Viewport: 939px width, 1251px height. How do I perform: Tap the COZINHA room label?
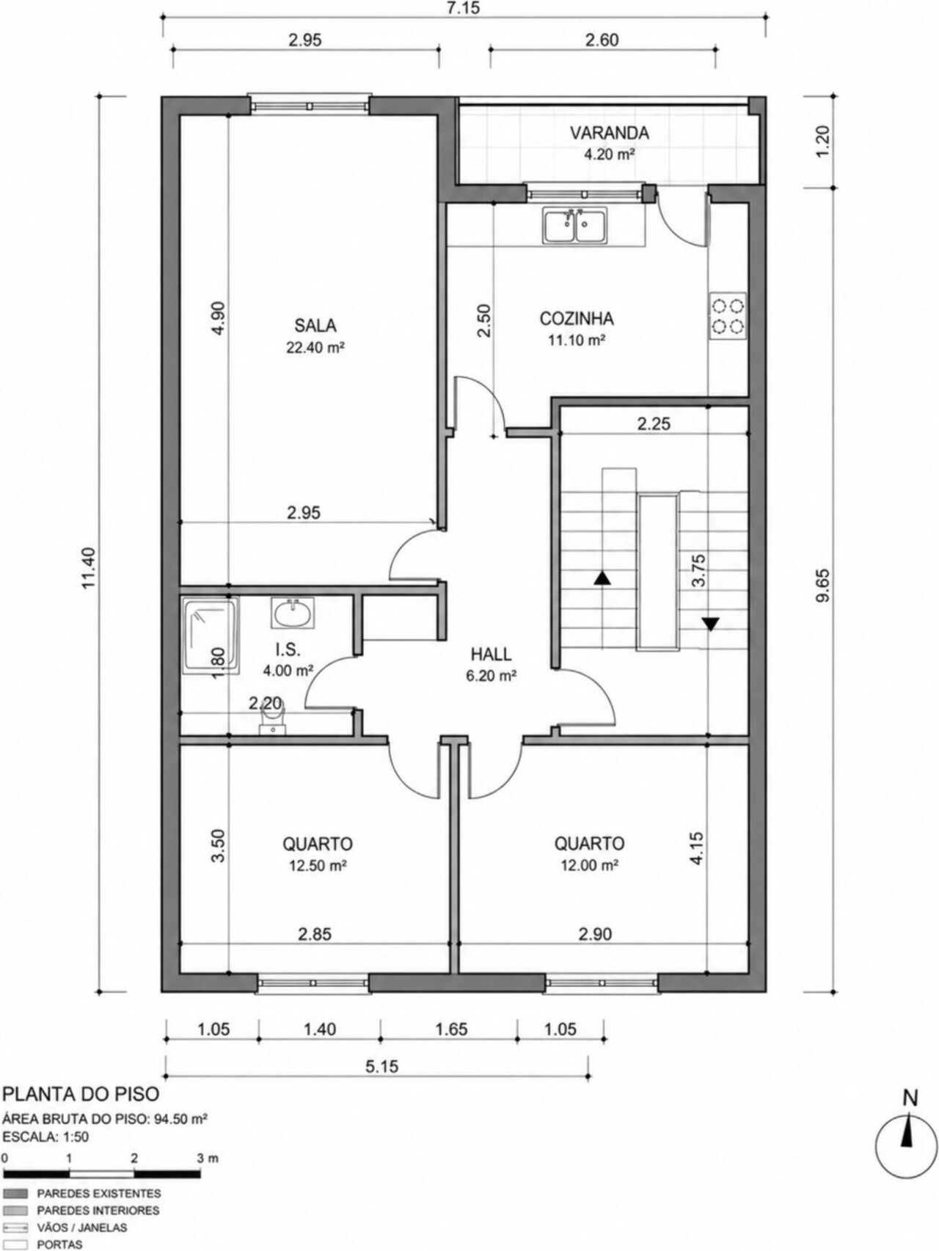coord(577,319)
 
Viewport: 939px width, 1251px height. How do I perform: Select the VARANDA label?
coord(610,134)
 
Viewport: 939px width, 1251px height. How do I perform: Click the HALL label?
coord(492,654)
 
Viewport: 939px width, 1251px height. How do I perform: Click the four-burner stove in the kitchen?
coord(728,316)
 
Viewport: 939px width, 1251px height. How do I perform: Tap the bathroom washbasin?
coord(293,613)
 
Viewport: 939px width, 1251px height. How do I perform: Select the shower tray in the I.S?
coord(211,635)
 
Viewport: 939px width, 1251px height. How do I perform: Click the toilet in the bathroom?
coord(271,723)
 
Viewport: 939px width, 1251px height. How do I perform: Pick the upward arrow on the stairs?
coord(602,577)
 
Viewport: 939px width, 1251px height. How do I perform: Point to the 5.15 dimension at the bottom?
coord(381,1066)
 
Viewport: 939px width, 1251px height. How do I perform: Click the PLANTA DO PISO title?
coord(81,1094)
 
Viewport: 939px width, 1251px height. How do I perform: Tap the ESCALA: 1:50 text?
coord(46,1137)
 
